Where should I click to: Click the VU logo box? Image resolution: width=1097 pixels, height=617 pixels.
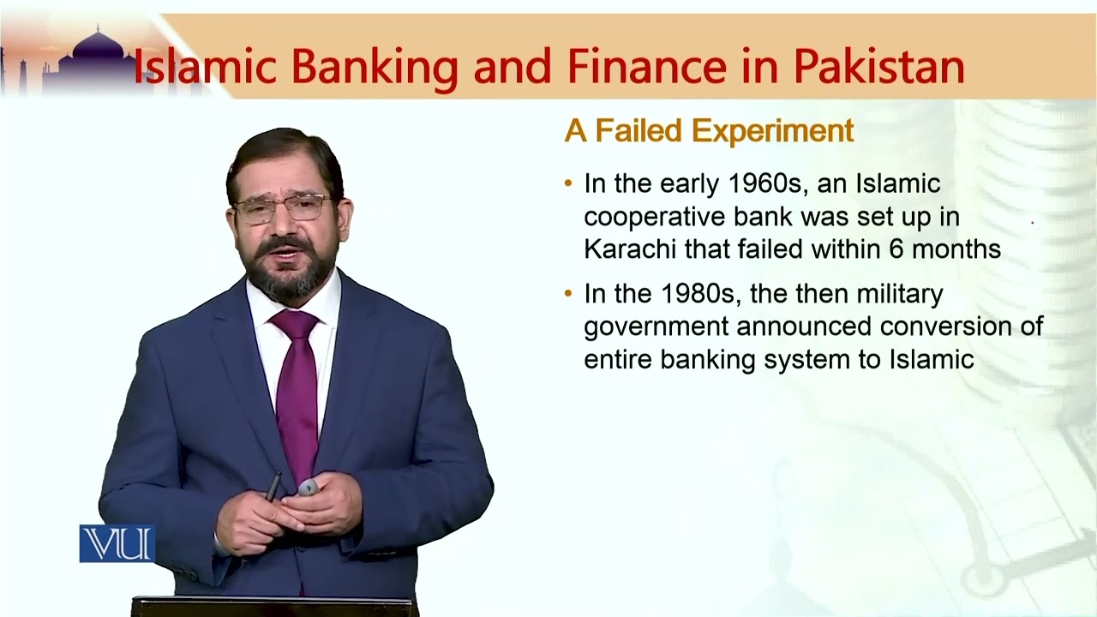117,543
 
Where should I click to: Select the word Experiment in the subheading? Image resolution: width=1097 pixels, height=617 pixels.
774,131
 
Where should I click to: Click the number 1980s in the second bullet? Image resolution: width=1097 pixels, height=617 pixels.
697,294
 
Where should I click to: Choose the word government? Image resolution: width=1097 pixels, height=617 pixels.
656,327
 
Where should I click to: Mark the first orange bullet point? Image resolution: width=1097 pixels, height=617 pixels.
568,183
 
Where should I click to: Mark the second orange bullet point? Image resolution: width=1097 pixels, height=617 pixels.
568,294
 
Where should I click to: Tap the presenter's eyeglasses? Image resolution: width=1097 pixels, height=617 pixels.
282,208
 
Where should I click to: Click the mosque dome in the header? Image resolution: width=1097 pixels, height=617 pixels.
99,50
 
